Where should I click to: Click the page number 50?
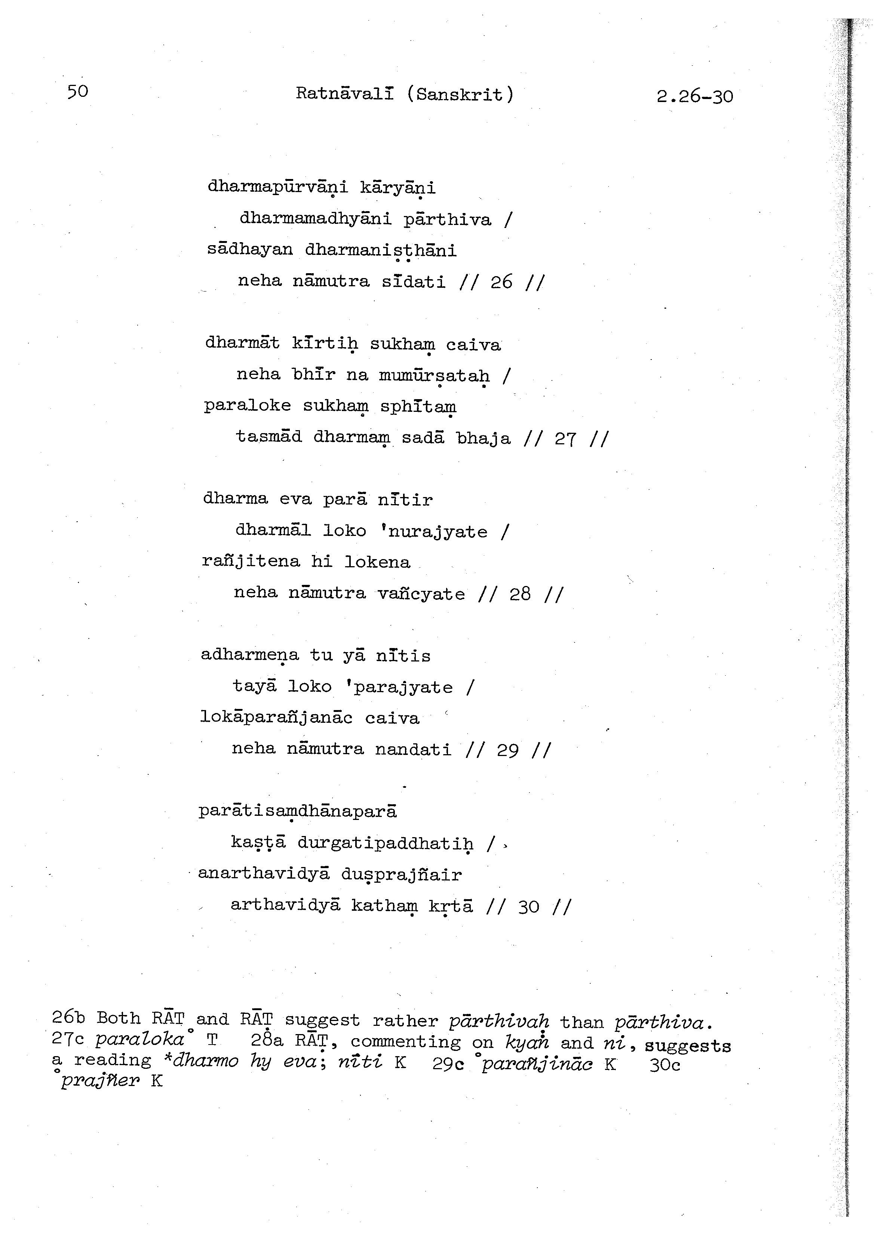[x=78, y=91]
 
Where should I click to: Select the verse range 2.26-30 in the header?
[x=694, y=96]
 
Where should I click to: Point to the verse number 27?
[x=565, y=439]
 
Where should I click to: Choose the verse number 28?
[x=520, y=594]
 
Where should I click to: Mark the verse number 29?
[x=507, y=750]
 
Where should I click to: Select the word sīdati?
[x=414, y=282]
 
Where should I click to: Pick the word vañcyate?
[x=421, y=594]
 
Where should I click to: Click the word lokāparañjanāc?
[x=276, y=718]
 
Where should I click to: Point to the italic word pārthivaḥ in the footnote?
[x=499, y=1021]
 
